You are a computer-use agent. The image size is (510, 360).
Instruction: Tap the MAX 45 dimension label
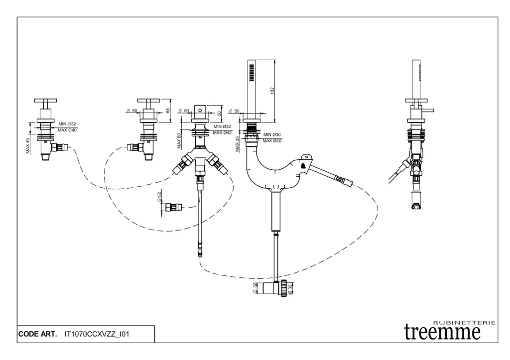[x=28, y=145]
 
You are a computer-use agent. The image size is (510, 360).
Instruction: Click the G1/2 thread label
[x=159, y=197]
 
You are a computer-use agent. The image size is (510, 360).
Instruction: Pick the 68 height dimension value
[x=168, y=110]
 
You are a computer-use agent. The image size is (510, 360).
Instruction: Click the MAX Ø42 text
[x=222, y=132]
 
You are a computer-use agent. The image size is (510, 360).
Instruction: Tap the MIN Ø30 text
[x=272, y=135]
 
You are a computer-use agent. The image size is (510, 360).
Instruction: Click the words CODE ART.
[x=38, y=334]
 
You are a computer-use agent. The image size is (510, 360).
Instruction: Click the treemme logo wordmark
[x=442, y=332]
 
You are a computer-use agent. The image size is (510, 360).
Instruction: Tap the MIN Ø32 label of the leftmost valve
[x=67, y=124]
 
